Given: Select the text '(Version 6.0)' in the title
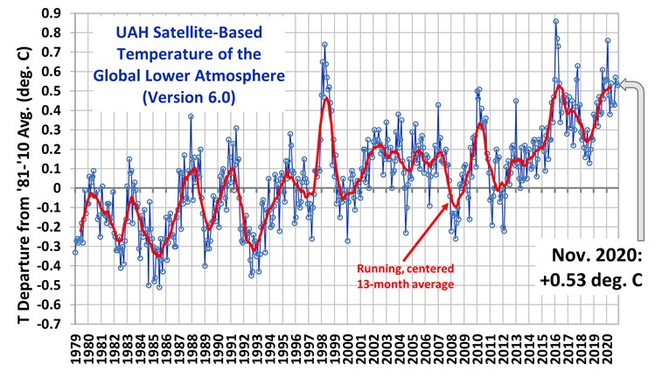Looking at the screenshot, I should pos(182,98).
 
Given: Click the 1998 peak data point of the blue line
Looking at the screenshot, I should pos(324,45).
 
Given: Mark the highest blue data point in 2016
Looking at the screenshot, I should pos(555,22).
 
